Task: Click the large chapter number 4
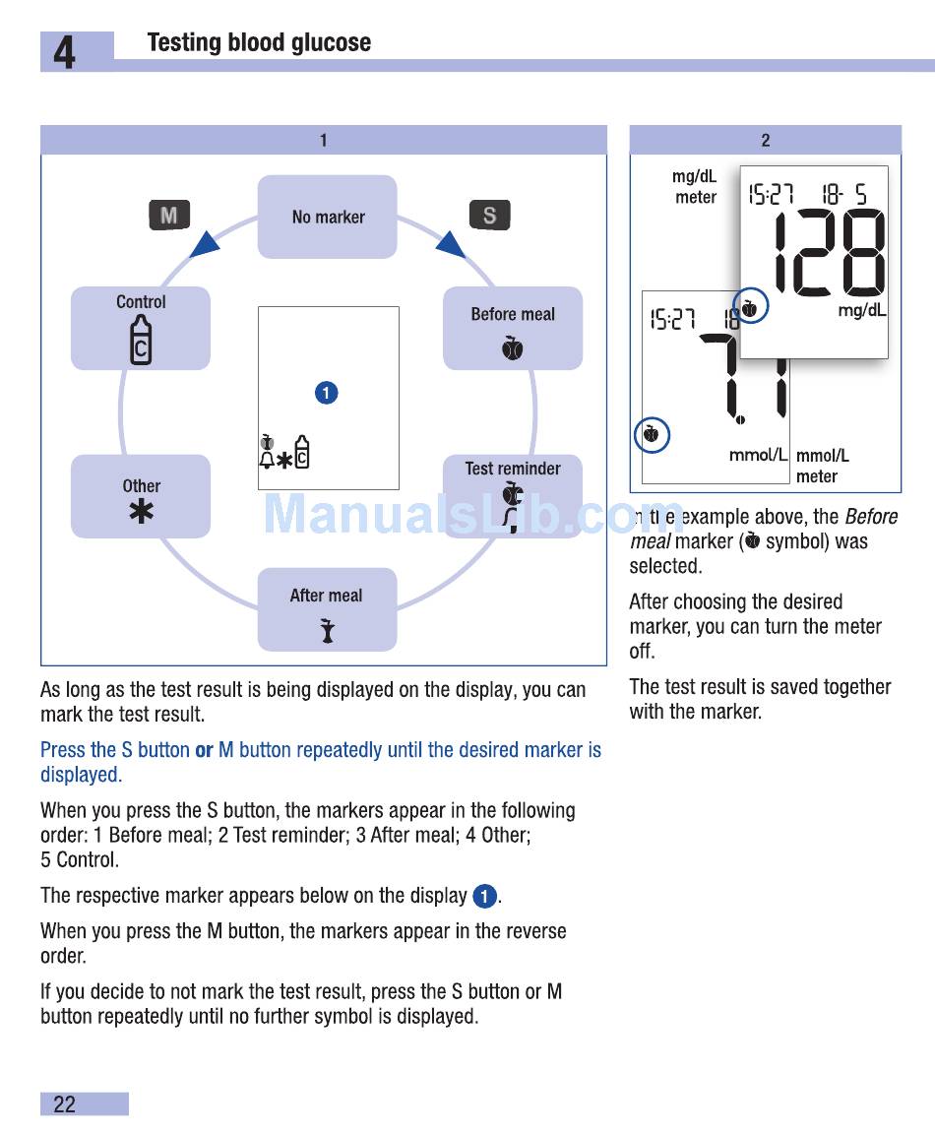64,52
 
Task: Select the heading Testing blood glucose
259,42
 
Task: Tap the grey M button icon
169,216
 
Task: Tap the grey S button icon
489,216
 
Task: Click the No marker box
328,217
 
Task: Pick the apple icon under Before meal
512,347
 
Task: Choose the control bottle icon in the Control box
141,340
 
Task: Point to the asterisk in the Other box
142,511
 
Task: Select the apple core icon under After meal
327,631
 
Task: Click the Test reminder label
513,469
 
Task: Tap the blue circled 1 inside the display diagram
327,393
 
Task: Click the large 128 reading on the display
829,253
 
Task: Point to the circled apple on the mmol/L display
651,433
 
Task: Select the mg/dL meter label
695,187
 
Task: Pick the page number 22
64,1104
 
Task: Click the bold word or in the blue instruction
204,750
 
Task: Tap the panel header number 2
765,141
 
